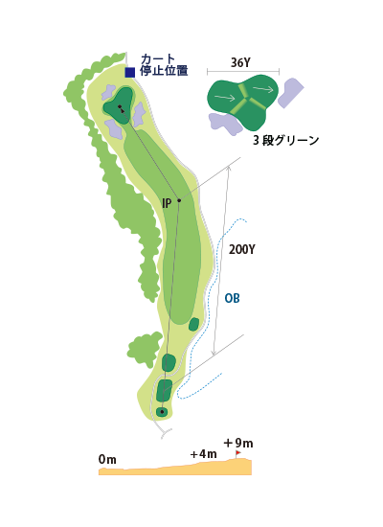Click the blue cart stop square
point(130,72)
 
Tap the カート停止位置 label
point(164,65)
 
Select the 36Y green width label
point(240,62)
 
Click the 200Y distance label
point(242,249)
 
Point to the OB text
point(232,298)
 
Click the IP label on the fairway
point(167,203)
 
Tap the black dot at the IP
point(179,200)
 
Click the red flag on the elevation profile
point(237,453)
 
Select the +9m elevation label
point(237,444)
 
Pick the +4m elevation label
point(203,454)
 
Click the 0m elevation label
point(107,459)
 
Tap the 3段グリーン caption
point(286,140)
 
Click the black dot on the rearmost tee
point(162,411)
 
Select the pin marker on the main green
point(120,107)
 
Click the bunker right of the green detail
point(291,93)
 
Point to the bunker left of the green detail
point(224,124)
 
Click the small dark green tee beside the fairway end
point(193,324)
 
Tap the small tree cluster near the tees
point(145,347)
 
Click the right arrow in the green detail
point(263,89)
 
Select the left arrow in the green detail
point(224,98)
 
